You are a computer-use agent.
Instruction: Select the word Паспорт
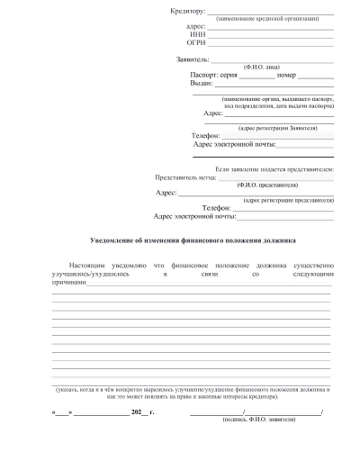(x=205, y=75)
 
